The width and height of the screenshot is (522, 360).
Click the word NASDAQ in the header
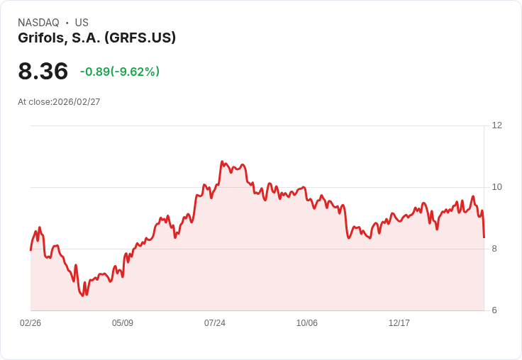point(38,23)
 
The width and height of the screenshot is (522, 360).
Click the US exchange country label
point(82,23)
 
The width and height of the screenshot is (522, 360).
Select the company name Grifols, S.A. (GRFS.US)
point(96,38)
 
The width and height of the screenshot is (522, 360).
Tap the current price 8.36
point(43,71)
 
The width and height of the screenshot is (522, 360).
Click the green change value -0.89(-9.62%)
point(120,72)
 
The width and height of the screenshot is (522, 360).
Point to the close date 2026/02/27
point(77,102)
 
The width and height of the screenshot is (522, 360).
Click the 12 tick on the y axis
point(496,125)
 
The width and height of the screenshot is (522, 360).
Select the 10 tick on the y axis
point(496,187)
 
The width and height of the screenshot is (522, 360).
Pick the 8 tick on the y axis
point(494,249)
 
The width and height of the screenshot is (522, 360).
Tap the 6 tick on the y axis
point(494,310)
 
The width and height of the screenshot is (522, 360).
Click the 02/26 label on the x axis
point(30,323)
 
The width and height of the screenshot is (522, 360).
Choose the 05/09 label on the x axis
point(123,323)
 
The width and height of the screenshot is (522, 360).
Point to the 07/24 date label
point(215,323)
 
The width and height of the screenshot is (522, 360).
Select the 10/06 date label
point(307,323)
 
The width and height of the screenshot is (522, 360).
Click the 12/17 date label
point(399,323)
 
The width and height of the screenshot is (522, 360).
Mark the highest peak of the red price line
point(222,162)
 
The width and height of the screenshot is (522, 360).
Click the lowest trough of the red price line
point(83,296)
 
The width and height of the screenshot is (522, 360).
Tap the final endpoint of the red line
point(484,237)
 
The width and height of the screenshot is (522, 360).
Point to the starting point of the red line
point(30,250)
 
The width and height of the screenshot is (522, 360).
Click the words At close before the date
point(35,102)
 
